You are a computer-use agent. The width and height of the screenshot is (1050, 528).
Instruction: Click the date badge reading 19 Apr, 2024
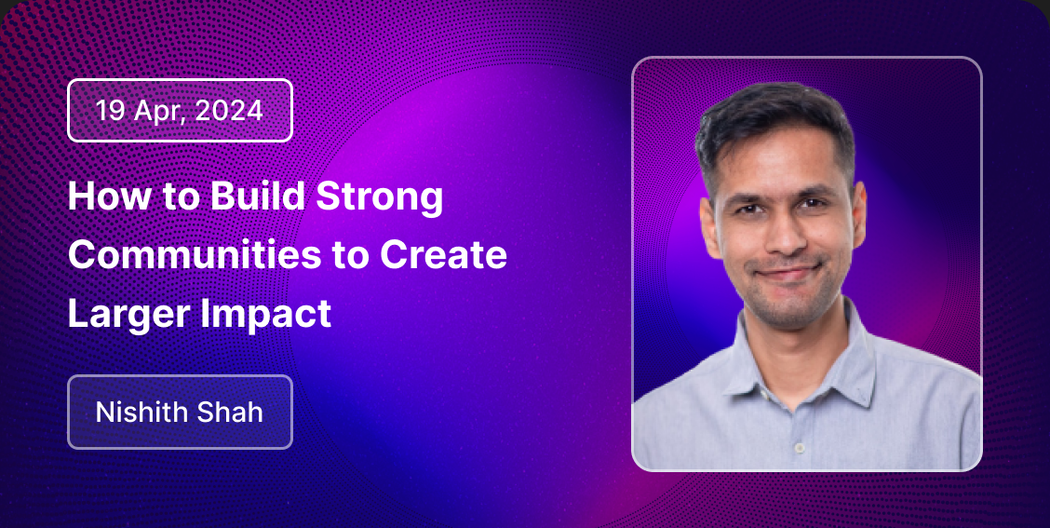click(181, 111)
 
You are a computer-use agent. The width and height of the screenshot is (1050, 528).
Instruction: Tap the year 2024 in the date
click(229, 111)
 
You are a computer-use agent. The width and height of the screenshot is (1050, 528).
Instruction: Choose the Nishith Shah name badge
click(181, 412)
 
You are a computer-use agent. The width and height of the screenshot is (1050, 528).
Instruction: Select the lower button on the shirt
click(799, 447)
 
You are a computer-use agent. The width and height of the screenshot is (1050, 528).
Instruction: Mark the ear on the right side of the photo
click(858, 213)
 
